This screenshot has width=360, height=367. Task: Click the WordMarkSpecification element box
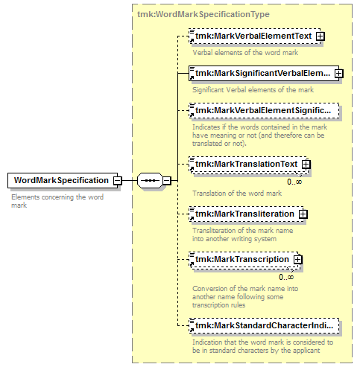click(63, 180)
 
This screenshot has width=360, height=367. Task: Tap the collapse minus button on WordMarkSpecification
click(118, 181)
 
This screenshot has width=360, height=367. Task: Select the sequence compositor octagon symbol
click(150, 180)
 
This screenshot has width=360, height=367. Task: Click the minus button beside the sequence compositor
click(167, 181)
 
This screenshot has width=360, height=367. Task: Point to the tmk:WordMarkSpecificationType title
click(203, 14)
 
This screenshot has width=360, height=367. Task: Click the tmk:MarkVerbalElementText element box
click(255, 36)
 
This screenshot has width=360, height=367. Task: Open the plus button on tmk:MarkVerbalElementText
click(320, 36)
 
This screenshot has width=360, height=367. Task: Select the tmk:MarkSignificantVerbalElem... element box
click(264, 73)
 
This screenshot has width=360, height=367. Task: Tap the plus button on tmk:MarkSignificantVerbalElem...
click(339, 74)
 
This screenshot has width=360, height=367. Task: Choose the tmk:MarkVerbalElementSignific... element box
click(264, 110)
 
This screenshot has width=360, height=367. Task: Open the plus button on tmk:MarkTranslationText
click(306, 165)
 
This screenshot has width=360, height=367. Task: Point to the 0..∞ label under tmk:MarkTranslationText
click(294, 182)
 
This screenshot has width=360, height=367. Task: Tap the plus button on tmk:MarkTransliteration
click(303, 214)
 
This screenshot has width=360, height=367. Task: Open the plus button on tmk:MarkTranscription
click(297, 260)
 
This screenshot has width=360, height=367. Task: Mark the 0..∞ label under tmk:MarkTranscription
click(286, 277)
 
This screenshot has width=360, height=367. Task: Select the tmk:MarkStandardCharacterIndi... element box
click(264, 325)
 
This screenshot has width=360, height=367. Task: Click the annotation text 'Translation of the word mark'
click(237, 194)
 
